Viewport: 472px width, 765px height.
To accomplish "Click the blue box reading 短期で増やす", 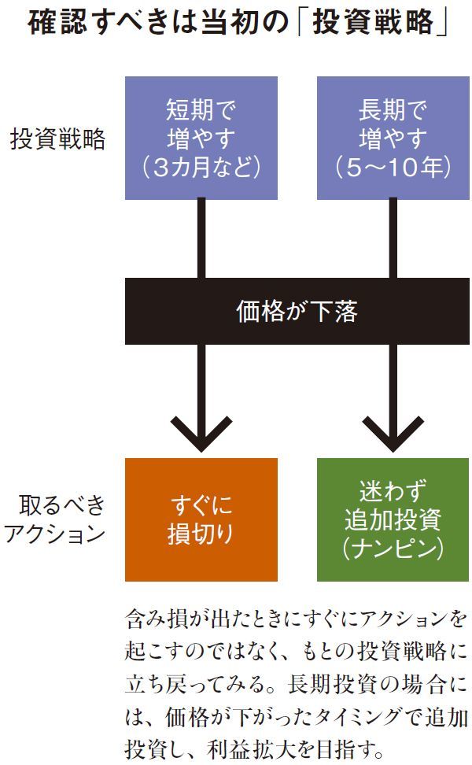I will point(201,138).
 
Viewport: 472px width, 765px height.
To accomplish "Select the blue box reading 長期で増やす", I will point(393,138).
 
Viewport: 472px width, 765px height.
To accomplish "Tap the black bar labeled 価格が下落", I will point(297,312).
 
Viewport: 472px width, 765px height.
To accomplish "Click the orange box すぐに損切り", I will point(201,519).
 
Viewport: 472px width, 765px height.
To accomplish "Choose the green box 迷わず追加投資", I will point(393,519).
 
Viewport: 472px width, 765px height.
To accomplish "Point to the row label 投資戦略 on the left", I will point(57,139).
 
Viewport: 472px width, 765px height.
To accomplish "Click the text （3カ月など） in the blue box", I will point(201,168).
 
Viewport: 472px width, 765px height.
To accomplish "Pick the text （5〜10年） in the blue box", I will point(393,168).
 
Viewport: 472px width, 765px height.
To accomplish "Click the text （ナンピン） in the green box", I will point(393,549).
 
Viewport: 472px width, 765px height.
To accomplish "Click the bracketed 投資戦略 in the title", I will point(373,24).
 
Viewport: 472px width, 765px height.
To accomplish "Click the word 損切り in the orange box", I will point(201,534).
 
